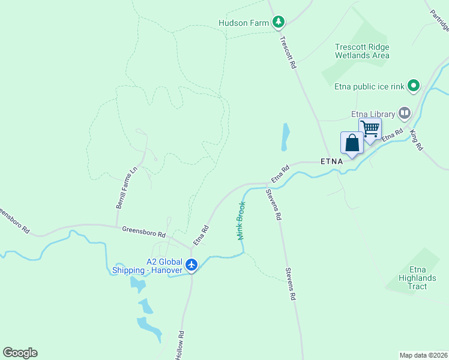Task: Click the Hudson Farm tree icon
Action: [x=278, y=23]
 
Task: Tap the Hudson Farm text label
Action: [x=244, y=23]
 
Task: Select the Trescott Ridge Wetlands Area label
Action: [x=363, y=51]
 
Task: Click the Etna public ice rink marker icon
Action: [x=414, y=86]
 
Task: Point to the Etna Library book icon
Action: [x=405, y=114]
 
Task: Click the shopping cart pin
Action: [x=370, y=128]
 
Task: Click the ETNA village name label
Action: [x=332, y=161]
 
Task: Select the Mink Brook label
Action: [x=241, y=221]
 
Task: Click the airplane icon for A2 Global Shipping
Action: [x=191, y=265]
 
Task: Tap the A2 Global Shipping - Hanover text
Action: [x=148, y=266]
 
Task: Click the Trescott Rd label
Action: [x=289, y=52]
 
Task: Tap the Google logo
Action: [x=20, y=353]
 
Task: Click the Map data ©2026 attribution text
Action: [x=423, y=355]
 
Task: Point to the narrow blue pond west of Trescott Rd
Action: [x=285, y=137]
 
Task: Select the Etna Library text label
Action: [x=373, y=114]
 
